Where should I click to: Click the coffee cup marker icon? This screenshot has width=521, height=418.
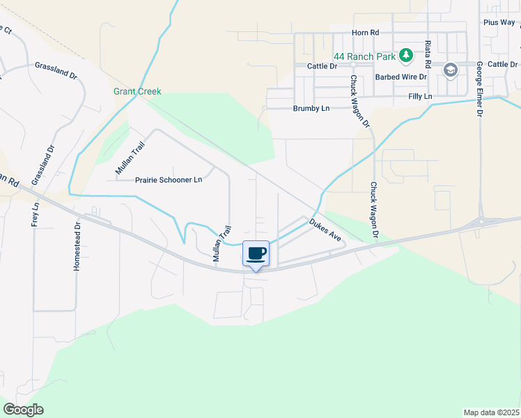(x=256, y=253)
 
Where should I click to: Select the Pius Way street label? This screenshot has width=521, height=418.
(x=499, y=22)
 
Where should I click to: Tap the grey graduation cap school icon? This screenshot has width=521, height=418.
(x=451, y=70)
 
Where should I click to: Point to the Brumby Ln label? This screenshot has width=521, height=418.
(x=311, y=109)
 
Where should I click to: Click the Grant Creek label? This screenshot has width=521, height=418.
(x=138, y=92)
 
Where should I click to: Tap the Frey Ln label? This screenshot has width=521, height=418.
(x=36, y=215)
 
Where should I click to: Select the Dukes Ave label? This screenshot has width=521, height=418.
(x=327, y=231)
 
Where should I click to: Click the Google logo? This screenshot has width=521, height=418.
(x=24, y=410)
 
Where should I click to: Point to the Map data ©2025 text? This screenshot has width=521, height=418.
(x=491, y=412)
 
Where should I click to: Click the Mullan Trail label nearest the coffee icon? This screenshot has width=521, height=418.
(x=221, y=246)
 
